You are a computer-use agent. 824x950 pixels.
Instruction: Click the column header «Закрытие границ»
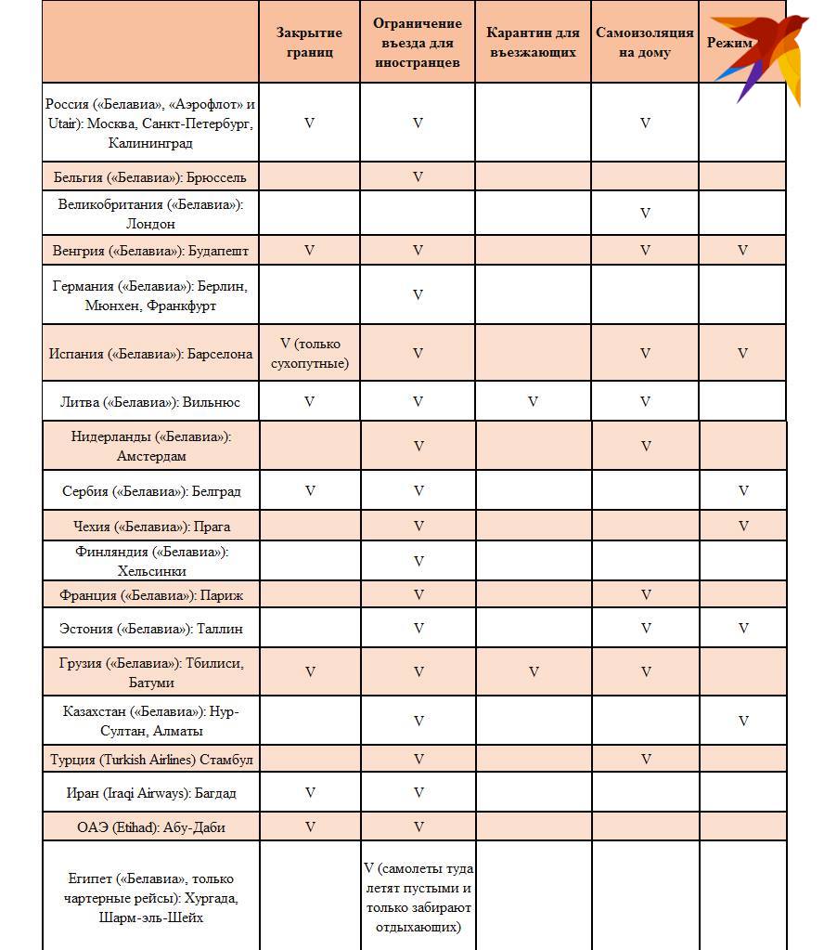[309, 43]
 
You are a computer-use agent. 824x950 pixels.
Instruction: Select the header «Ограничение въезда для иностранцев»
[418, 43]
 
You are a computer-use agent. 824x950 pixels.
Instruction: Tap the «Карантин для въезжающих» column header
[533, 43]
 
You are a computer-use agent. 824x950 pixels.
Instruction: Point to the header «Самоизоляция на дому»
[645, 43]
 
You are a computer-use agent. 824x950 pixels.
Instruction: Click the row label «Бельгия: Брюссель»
[150, 176]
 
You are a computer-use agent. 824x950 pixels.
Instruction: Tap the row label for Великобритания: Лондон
[150, 214]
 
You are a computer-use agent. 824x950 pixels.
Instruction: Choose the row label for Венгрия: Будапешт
[150, 251]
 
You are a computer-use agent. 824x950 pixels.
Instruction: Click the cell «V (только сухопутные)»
[309, 354]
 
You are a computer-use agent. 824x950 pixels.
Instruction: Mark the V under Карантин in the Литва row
[533, 402]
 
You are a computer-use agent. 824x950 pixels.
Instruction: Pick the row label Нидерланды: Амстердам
[151, 446]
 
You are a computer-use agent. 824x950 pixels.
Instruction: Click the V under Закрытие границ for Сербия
[310, 491]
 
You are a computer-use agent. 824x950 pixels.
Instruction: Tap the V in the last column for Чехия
[743, 527]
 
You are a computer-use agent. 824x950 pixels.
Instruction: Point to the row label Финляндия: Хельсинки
[151, 561]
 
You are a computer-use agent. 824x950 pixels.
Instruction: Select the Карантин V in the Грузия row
[534, 672]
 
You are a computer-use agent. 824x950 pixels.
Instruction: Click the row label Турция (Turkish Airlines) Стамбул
[151, 760]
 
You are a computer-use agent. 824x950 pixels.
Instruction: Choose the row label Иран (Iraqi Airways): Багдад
[151, 793]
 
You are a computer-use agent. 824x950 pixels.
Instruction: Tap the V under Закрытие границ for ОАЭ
[310, 826]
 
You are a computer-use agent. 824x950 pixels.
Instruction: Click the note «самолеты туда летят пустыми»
[418, 897]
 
